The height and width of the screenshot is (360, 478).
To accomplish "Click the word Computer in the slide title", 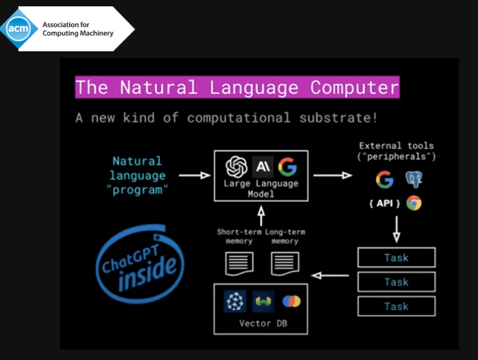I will pyautogui.click(x=354, y=88).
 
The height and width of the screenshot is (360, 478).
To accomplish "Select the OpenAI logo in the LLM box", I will pyautogui.click(x=236, y=167).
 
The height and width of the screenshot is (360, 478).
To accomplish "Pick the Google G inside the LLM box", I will pyautogui.click(x=287, y=167).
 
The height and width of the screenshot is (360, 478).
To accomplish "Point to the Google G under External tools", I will pyautogui.click(x=385, y=179).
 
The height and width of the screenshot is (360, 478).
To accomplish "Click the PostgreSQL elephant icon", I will pyautogui.click(x=413, y=179).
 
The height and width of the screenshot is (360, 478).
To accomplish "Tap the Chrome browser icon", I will pyautogui.click(x=413, y=203).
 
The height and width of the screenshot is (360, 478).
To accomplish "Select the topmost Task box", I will pyautogui.click(x=396, y=257).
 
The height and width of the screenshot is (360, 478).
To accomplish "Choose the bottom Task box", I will pyautogui.click(x=396, y=306).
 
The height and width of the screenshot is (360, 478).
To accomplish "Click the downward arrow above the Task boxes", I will pyautogui.click(x=396, y=228).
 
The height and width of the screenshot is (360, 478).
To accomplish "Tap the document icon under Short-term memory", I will pyautogui.click(x=239, y=264).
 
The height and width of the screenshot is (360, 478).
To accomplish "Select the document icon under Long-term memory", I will pyautogui.click(x=285, y=264).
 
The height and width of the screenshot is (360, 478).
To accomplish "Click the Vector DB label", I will pyautogui.click(x=263, y=323).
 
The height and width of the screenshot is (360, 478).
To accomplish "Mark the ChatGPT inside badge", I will pyautogui.click(x=138, y=262).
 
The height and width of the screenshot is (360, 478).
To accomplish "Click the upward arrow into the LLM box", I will pyautogui.click(x=261, y=216).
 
